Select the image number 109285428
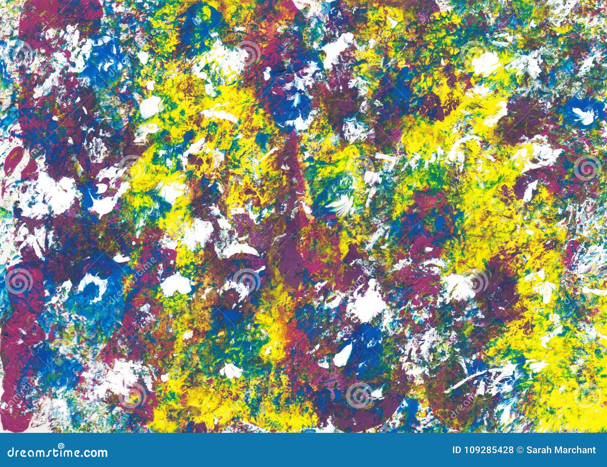489,450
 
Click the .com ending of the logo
95,452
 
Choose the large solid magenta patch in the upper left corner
57,23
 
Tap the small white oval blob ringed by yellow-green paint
150,106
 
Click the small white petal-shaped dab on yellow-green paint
231,370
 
